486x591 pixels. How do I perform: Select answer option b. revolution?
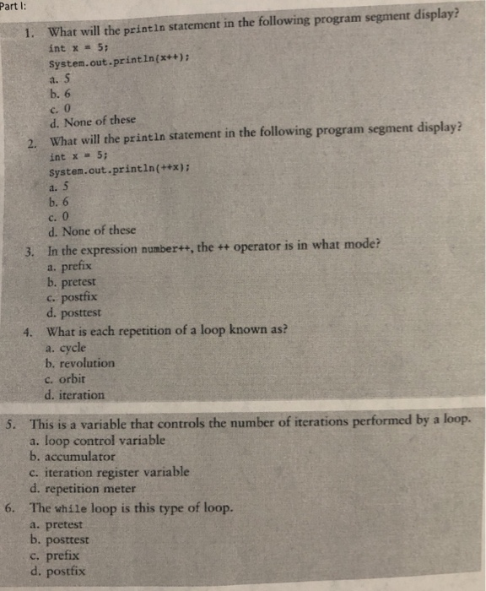point(82,364)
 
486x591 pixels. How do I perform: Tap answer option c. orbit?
point(70,380)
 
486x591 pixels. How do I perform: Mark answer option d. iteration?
point(77,394)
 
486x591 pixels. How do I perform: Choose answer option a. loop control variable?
point(97,440)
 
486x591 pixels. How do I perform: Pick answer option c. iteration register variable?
point(109,473)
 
